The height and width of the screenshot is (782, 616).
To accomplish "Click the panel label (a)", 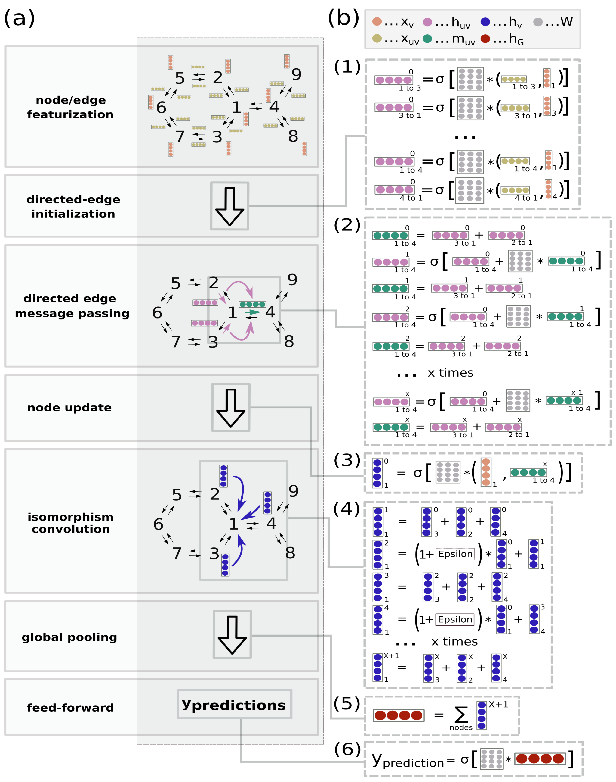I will pos(20,18).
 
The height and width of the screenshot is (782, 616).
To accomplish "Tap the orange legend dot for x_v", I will pos(377,22).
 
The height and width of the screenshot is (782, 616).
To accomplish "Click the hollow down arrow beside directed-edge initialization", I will pos(230,206).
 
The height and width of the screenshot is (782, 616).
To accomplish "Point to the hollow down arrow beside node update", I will pos(231,408).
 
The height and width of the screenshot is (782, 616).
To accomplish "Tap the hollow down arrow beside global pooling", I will pos(232,635).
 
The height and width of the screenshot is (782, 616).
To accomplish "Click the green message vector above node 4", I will pos(252,304).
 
